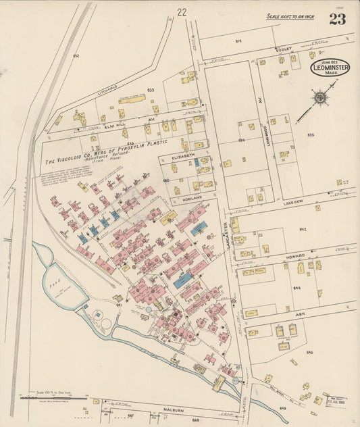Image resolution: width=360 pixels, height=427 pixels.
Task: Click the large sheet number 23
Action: point(338,18)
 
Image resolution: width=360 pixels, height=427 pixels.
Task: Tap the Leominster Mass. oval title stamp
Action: point(330,68)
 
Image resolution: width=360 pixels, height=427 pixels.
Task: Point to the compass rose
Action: point(319,97)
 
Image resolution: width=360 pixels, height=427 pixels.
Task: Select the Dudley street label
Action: point(282,49)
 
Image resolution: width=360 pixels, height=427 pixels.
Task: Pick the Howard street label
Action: point(295,255)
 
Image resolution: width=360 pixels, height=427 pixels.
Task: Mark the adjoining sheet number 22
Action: point(181,11)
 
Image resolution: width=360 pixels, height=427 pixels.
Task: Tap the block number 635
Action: point(311,134)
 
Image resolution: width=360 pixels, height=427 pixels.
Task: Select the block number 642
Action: point(303,230)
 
